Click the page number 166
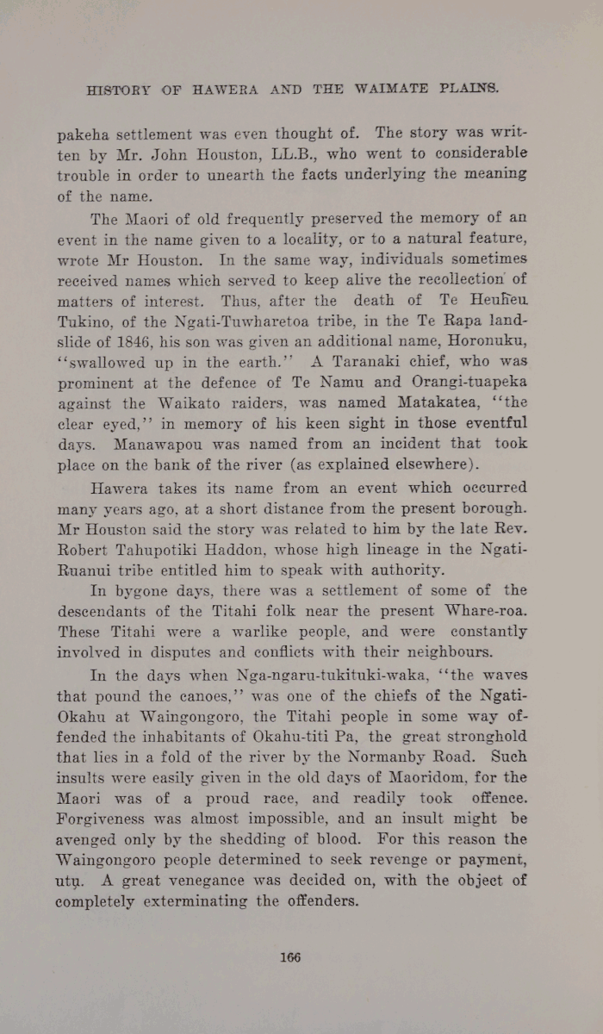pyautogui.click(x=289, y=957)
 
